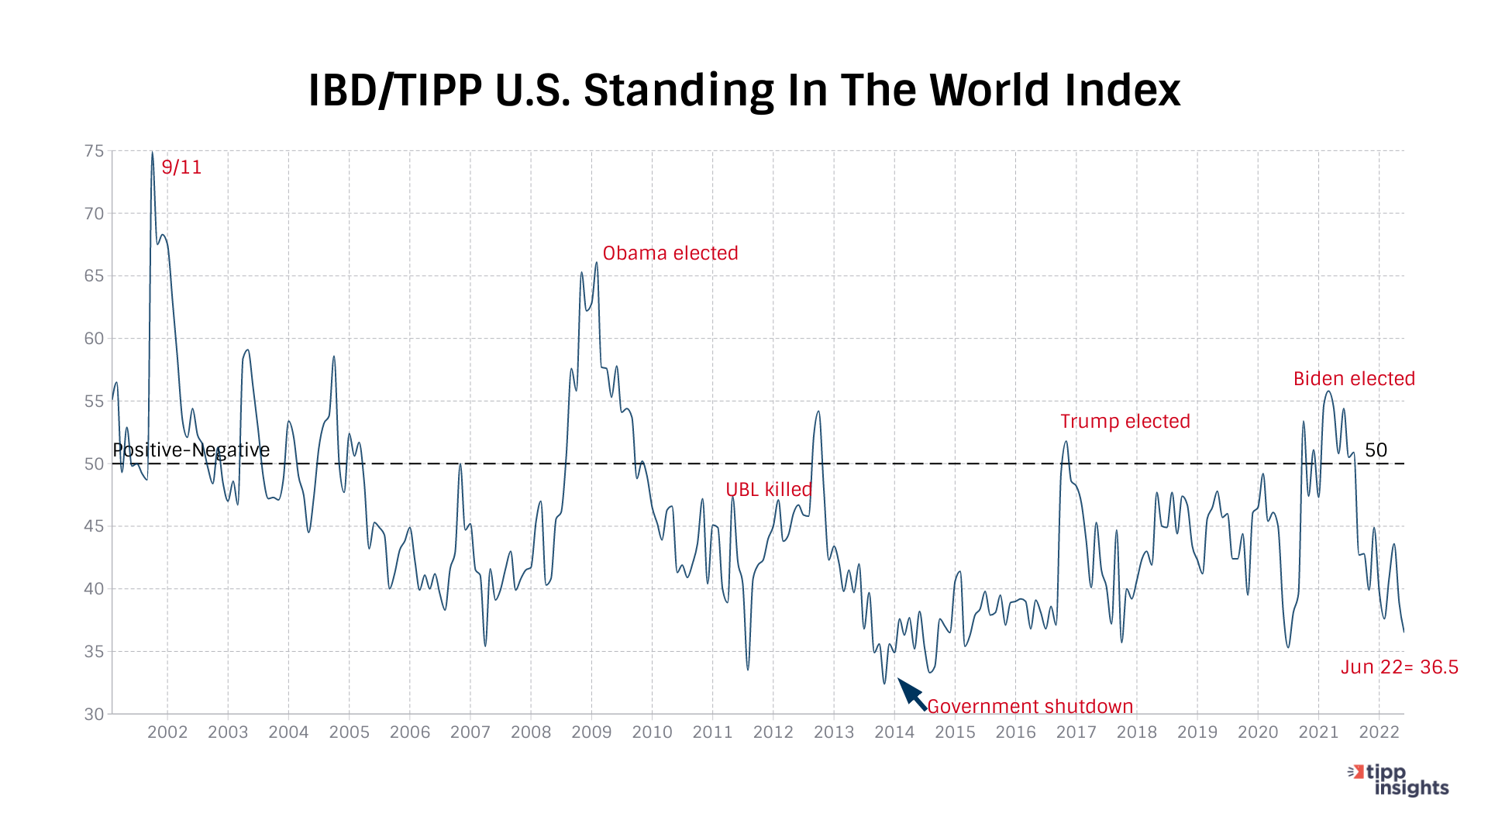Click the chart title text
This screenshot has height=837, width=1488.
pos(744,91)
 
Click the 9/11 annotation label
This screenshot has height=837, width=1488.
pos(181,167)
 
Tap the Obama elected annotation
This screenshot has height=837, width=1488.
pos(670,253)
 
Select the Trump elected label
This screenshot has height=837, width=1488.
pos(1125,422)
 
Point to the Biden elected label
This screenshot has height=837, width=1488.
pos(1354,379)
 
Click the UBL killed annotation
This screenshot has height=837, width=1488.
pos(768,490)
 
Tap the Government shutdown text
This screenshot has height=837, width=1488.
pos(1030,707)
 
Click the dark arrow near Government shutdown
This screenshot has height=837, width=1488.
pos(911,694)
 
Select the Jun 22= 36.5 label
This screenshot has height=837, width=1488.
pos(1399,667)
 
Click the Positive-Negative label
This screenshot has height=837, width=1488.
pos(191,450)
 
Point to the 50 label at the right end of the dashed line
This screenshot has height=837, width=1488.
pos(1376,450)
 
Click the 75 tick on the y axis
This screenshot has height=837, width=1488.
pos(94,151)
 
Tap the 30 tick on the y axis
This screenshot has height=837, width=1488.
pos(94,714)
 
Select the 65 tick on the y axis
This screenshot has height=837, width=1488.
pos(94,276)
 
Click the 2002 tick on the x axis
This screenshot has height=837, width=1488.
pos(167,732)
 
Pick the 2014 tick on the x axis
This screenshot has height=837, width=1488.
pos(894,732)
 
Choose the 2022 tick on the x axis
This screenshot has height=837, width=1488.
pos(1379,732)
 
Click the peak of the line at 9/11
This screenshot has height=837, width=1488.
pos(152,153)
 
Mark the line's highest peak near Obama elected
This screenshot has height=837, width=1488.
pos(596,263)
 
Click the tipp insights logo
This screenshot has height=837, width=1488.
pos(1399,780)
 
